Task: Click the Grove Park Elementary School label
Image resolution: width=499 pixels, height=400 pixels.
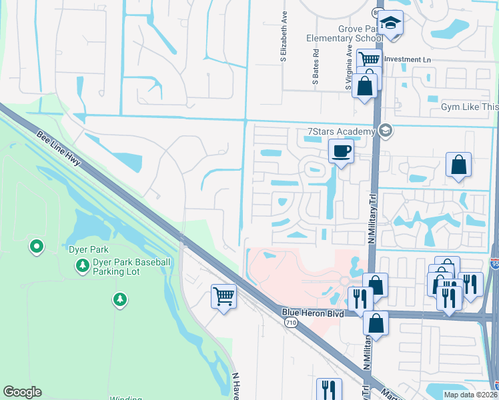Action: pos(340,33)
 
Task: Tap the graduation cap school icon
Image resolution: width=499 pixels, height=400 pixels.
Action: pos(390,24)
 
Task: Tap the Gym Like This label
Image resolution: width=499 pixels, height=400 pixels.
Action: pos(470,107)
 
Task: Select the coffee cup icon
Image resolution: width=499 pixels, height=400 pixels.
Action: pos(341,152)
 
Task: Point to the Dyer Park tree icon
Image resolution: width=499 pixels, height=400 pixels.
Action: pos(82,267)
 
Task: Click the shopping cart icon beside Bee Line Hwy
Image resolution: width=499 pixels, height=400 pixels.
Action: pos(223,295)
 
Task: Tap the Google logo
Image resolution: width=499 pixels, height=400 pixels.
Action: pos(22,392)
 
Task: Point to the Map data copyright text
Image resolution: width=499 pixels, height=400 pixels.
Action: pos(470,395)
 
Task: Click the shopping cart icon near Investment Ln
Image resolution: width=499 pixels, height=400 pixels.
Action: pos(368,60)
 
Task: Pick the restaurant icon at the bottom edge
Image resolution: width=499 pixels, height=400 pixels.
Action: pos(328,389)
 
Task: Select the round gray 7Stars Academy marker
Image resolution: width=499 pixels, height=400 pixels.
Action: pos(384,131)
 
